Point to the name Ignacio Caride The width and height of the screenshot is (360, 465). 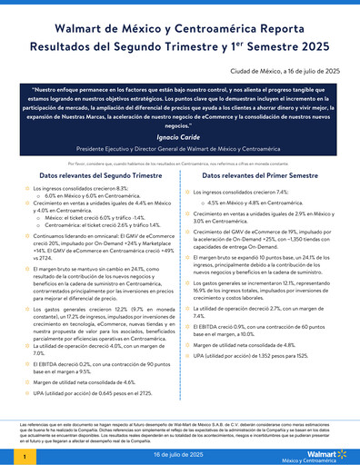pos(180,134)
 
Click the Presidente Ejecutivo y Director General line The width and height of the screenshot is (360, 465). pos(180,147)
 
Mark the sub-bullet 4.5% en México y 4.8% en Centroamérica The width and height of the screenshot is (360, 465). pos(264,203)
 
